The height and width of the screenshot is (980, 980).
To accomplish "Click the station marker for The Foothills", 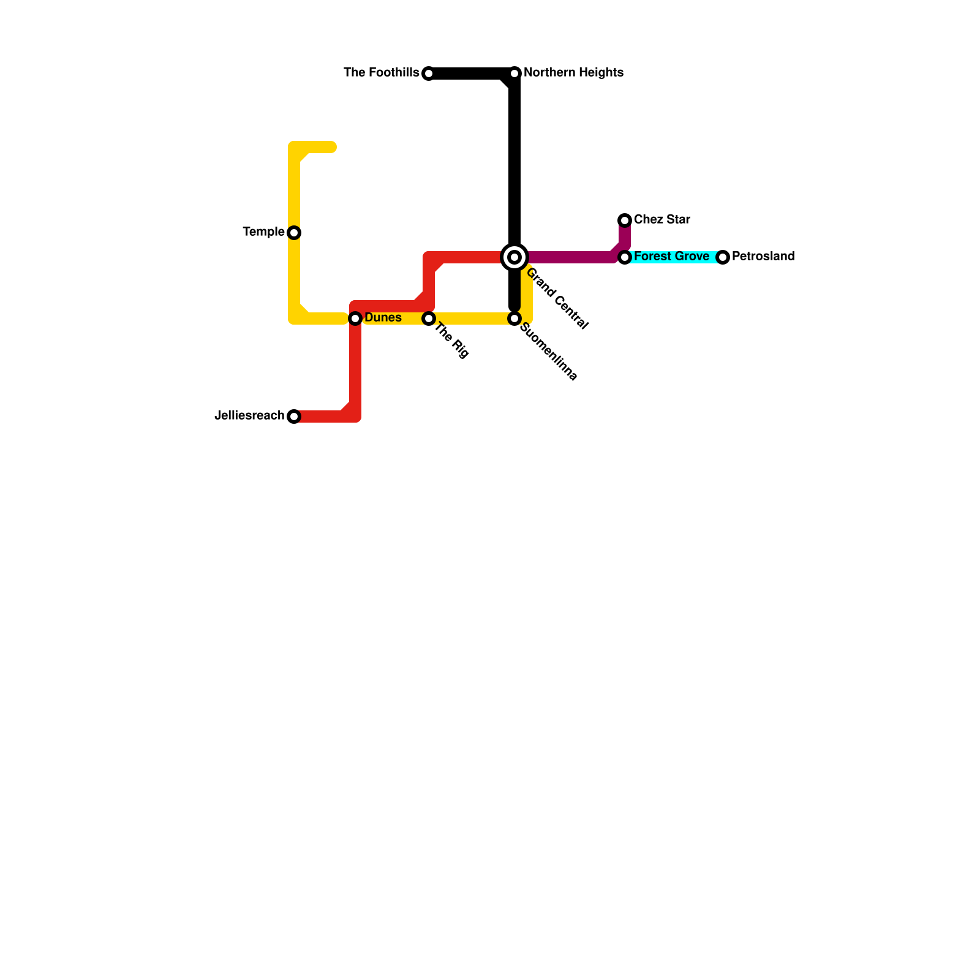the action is (429, 73).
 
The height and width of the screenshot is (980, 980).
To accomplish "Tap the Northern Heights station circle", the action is (514, 73).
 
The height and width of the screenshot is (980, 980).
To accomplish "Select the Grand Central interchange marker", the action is (514, 257).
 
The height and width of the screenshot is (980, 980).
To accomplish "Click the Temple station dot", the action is (294, 233).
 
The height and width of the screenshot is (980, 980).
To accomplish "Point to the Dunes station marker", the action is (355, 318).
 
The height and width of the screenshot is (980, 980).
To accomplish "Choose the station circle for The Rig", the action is (429, 318).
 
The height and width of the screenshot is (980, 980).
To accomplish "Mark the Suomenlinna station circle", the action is (514, 318).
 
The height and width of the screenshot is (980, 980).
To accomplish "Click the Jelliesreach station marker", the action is (294, 417).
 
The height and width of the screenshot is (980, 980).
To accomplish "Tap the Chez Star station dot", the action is (625, 221).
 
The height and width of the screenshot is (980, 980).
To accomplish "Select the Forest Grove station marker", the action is (625, 257).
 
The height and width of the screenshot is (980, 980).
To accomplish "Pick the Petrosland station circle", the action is (723, 257).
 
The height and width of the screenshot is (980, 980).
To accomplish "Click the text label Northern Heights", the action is (573, 73).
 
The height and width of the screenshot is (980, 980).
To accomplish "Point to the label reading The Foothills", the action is (381, 73).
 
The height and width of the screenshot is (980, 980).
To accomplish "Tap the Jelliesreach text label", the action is (249, 416).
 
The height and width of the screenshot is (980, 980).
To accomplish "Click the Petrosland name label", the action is (763, 257).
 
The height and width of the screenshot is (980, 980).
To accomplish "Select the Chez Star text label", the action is (661, 219).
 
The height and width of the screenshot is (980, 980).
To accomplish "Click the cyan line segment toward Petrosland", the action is (714, 257).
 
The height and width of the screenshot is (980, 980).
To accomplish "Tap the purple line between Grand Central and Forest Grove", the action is (570, 257).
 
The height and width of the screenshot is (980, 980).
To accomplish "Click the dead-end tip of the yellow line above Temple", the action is (333, 147).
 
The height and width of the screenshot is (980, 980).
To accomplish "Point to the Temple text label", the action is (263, 232).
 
